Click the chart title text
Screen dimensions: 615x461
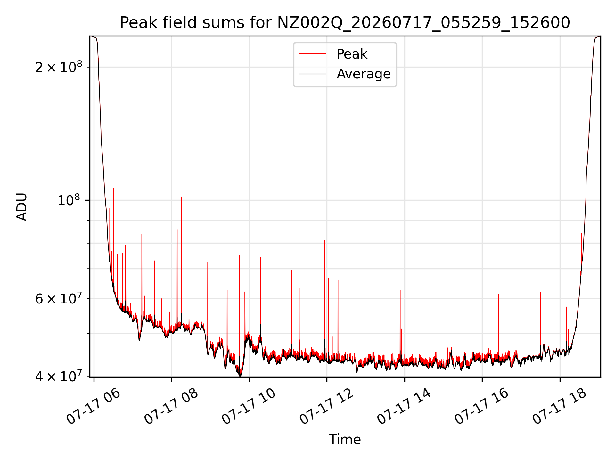(345, 23)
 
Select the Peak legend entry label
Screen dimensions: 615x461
(352, 54)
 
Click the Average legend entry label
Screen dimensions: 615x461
(364, 74)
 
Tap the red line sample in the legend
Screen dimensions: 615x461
(312, 54)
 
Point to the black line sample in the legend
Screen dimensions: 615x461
(312, 74)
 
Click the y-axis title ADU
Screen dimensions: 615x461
(22, 206)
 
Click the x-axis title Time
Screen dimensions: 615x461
(345, 440)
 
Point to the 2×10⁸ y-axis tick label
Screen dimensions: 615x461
(59, 67)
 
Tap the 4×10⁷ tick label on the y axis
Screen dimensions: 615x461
(59, 376)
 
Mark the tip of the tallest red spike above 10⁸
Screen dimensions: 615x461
(113, 188)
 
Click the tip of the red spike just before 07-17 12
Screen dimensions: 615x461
(325, 240)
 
